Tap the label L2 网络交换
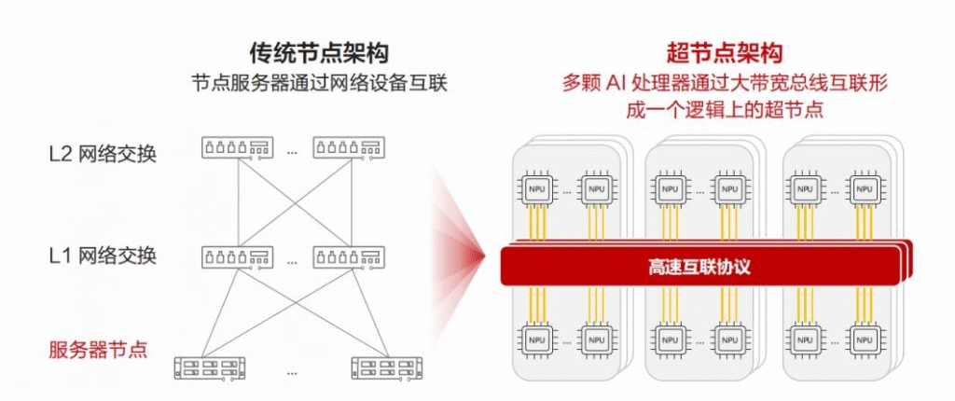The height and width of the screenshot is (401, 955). tap(103, 153)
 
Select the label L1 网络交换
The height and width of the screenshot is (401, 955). tap(103, 255)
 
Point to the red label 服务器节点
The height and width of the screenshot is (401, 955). tap(99, 351)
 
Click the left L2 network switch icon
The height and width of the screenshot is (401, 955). tap(237, 147)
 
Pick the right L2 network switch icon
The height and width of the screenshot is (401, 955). tap(347, 147)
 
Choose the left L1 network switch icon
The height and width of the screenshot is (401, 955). tap(237, 254)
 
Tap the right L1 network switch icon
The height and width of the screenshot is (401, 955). tap(347, 254)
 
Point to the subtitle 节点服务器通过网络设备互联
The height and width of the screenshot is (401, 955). tap(319, 82)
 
